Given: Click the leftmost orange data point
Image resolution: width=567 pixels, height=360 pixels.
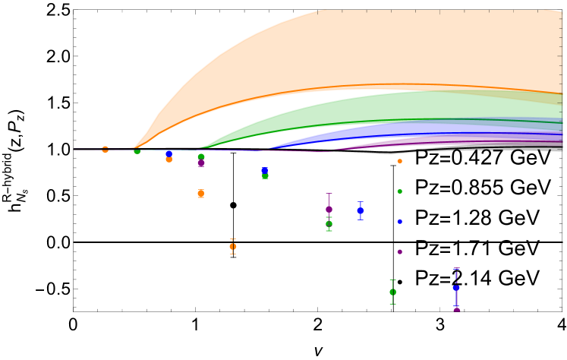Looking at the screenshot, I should (x=105, y=150).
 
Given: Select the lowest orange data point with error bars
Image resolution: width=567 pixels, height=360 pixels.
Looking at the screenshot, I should (x=232, y=247).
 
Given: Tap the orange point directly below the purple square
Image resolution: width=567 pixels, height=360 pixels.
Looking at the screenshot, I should (x=200, y=194).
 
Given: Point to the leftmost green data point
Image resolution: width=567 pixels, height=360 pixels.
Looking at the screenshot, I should (x=137, y=151).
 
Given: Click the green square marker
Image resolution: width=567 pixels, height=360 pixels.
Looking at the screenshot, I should (x=265, y=176).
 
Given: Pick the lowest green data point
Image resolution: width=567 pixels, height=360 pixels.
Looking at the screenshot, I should (x=392, y=292).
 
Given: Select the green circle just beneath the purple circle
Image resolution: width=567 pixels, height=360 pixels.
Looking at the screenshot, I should (x=329, y=224).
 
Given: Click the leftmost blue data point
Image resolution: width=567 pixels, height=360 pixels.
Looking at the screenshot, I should (x=169, y=153).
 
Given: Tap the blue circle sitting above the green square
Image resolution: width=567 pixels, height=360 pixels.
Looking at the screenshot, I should (x=264, y=170).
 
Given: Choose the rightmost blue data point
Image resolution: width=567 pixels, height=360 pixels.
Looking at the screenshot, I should (x=456, y=288).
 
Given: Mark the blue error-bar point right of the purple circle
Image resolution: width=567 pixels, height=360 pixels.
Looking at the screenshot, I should (x=361, y=210).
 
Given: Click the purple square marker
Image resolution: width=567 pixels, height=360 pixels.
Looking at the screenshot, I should (x=201, y=164).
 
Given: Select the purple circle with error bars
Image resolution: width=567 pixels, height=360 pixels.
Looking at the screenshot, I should (x=329, y=209).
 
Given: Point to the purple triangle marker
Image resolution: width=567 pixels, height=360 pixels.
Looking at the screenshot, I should (x=457, y=308).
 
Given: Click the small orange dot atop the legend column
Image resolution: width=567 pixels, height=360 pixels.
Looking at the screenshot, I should (x=400, y=161).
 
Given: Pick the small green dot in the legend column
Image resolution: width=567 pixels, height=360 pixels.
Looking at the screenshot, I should (x=400, y=191).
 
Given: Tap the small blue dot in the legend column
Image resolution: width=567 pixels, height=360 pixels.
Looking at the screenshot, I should (x=400, y=222).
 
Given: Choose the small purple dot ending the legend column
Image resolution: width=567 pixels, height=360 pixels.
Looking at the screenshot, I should (x=400, y=252).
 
